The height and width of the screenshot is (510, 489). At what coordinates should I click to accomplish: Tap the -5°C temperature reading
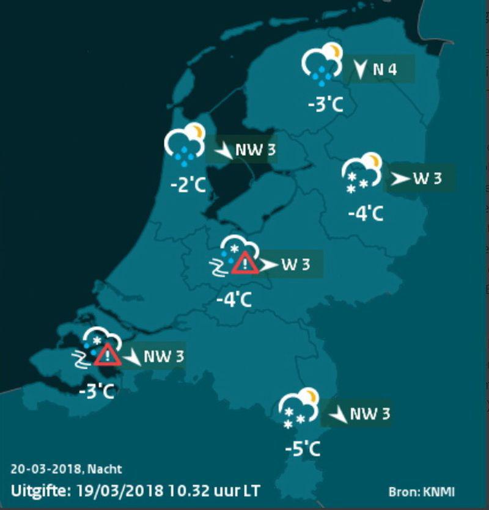pos(303,450)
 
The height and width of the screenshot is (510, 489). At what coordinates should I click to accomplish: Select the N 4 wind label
pos(384,70)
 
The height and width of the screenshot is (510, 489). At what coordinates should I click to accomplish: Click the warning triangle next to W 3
pos(245,263)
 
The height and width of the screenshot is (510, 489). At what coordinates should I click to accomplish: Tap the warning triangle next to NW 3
pos(108,354)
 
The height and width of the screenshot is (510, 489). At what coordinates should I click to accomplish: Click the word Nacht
pos(105,470)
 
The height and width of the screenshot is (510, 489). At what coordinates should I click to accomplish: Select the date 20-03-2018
pos(47,470)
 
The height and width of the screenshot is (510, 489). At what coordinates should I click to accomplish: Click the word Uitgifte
pos(39,490)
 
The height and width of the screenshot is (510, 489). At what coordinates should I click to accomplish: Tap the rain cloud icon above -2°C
pos(184,144)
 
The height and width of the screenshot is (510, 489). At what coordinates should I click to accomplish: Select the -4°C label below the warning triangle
pos(235,300)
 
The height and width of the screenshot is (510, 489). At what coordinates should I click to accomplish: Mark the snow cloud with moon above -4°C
pos(362,173)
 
